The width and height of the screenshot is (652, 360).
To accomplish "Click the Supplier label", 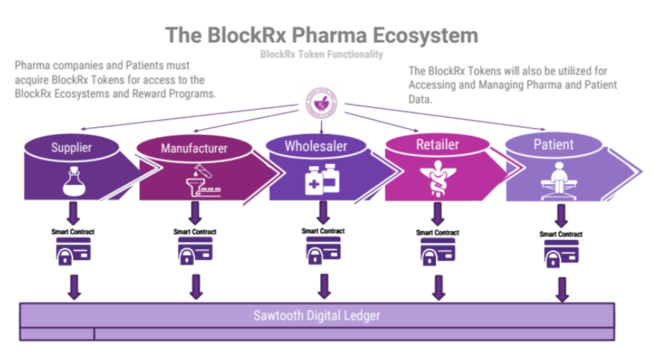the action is [x=72, y=148].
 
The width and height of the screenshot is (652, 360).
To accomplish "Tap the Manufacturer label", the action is [x=194, y=148].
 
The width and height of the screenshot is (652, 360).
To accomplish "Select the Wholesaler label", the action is [x=316, y=146].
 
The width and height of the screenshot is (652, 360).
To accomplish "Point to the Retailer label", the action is [x=437, y=145].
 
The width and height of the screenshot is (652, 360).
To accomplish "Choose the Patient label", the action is [x=554, y=145].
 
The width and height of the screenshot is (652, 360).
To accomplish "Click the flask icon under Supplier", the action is [x=74, y=181].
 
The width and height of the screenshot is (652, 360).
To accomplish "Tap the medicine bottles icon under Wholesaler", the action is [x=322, y=180].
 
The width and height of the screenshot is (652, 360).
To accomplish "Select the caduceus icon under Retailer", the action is [x=437, y=179].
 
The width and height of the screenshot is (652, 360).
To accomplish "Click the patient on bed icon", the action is [x=558, y=181].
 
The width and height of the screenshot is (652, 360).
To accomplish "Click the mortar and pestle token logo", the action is [x=321, y=104].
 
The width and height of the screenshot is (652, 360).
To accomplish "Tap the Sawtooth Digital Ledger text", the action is [x=317, y=315].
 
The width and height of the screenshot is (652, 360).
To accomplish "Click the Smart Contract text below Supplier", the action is [x=73, y=232].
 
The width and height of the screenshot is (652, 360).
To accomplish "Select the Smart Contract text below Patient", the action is [x=561, y=234].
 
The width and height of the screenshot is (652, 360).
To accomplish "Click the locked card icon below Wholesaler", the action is [x=323, y=250].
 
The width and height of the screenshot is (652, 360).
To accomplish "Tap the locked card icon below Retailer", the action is [x=437, y=251].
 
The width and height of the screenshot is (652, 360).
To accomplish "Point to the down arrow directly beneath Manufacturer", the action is [x=195, y=213].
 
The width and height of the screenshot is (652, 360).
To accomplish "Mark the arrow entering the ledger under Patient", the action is [x=562, y=290].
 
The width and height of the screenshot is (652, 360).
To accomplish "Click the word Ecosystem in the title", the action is [x=425, y=35].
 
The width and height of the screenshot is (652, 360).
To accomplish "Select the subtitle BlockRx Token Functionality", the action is [x=321, y=54].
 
